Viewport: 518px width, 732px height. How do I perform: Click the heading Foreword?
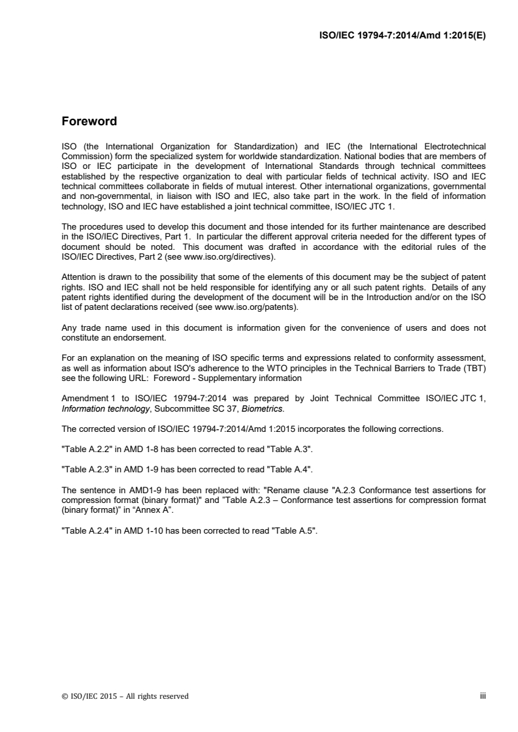point(89,121)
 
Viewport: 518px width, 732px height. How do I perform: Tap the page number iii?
point(483,696)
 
